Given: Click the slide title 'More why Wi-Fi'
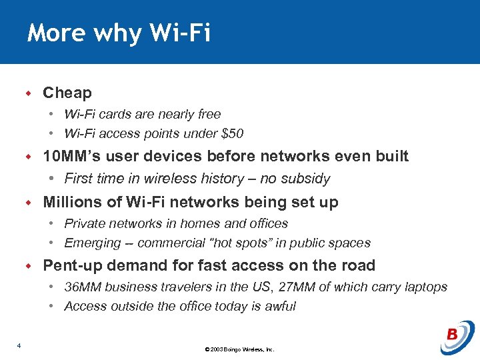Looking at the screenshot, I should tap(119, 33).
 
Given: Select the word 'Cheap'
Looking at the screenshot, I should tap(67, 93).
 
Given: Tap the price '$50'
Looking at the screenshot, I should tap(232, 133).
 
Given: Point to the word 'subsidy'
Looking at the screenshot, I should tap(306, 179).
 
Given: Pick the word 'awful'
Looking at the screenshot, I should tap(280, 307).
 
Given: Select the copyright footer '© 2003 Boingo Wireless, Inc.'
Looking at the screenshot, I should tap(240, 349).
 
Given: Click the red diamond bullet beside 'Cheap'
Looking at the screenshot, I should tap(29, 93).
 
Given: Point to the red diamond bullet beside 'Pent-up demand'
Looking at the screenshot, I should tap(29, 265).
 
